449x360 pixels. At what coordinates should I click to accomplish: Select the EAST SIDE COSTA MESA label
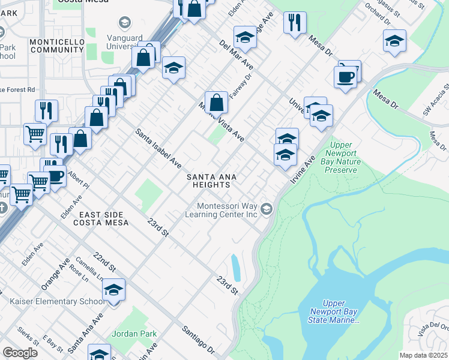(101, 218)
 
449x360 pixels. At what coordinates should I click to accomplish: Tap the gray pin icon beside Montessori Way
(267, 209)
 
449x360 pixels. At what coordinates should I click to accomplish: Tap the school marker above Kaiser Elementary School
(113, 290)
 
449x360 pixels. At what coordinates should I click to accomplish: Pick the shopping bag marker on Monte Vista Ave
(216, 103)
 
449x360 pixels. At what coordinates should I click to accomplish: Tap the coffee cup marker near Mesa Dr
(346, 77)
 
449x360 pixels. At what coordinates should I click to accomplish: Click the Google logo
(20, 353)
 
